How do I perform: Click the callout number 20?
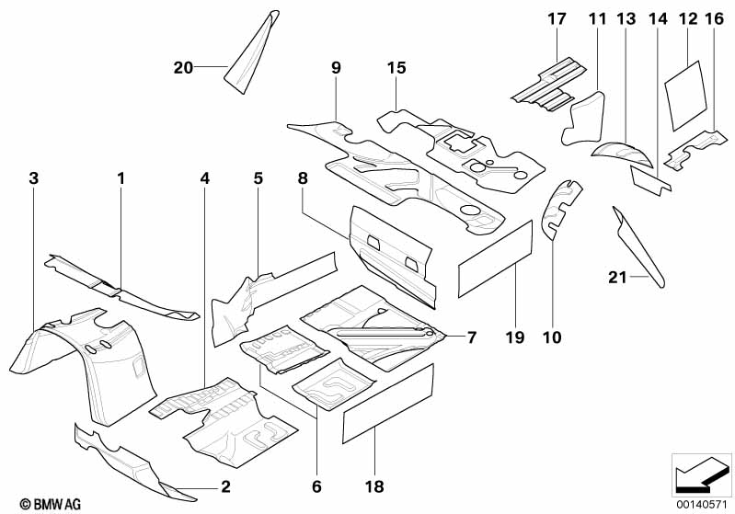pos(183,66)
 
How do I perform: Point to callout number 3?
pos(34,177)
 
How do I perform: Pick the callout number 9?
pos(336,66)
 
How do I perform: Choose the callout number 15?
pos(396,66)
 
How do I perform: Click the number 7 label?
pos(470,337)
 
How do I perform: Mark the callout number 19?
pos(514,337)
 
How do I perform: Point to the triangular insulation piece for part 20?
pos(253,51)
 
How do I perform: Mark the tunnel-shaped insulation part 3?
pos(83,363)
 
